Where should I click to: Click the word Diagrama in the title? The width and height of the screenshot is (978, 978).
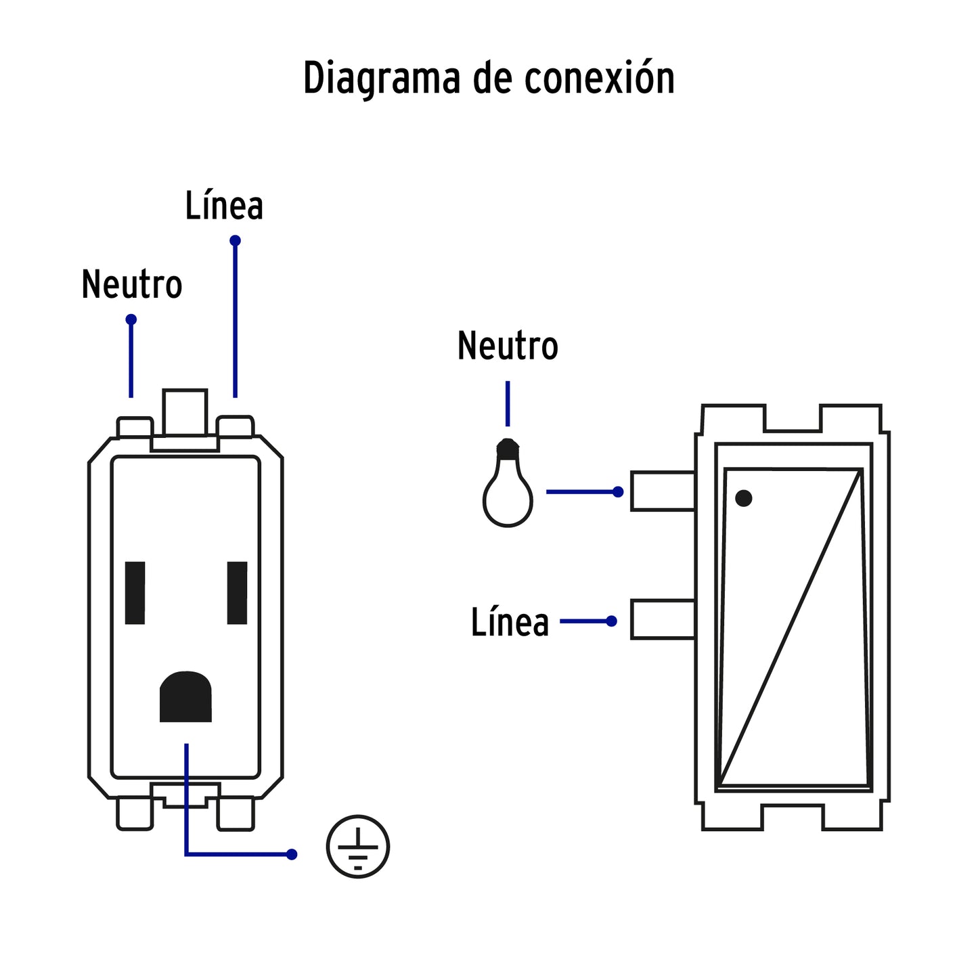pyautogui.click(x=382, y=79)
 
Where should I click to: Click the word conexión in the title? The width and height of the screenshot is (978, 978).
pyautogui.click(x=599, y=78)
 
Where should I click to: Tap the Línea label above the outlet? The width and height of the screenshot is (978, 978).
pyautogui.click(x=224, y=206)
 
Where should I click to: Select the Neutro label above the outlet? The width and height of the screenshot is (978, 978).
pyautogui.click(x=132, y=284)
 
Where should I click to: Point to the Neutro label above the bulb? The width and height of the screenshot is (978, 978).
pyautogui.click(x=508, y=346)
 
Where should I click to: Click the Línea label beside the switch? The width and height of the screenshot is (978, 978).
pyautogui.click(x=510, y=623)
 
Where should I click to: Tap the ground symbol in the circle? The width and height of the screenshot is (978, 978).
pyautogui.click(x=357, y=846)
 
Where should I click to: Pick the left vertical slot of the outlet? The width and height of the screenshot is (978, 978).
pyautogui.click(x=135, y=593)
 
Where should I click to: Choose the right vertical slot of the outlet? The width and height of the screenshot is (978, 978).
pyautogui.click(x=237, y=593)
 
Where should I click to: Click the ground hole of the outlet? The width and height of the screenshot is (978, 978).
pyautogui.click(x=185, y=697)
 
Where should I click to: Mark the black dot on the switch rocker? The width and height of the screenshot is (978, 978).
pyautogui.click(x=743, y=498)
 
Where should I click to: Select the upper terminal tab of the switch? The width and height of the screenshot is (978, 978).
pyautogui.click(x=663, y=491)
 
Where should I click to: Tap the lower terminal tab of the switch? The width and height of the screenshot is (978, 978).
pyautogui.click(x=663, y=619)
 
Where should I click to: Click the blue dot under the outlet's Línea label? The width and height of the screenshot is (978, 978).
pyautogui.click(x=235, y=241)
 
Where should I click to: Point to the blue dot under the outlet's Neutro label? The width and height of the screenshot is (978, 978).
pyautogui.click(x=131, y=319)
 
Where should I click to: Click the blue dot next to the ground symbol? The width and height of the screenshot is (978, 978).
pyautogui.click(x=292, y=854)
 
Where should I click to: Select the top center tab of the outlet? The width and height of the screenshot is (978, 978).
pyautogui.click(x=185, y=412)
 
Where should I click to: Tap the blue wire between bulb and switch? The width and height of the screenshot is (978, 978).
pyautogui.click(x=581, y=492)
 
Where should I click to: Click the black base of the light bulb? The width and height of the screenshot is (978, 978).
pyautogui.click(x=508, y=448)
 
